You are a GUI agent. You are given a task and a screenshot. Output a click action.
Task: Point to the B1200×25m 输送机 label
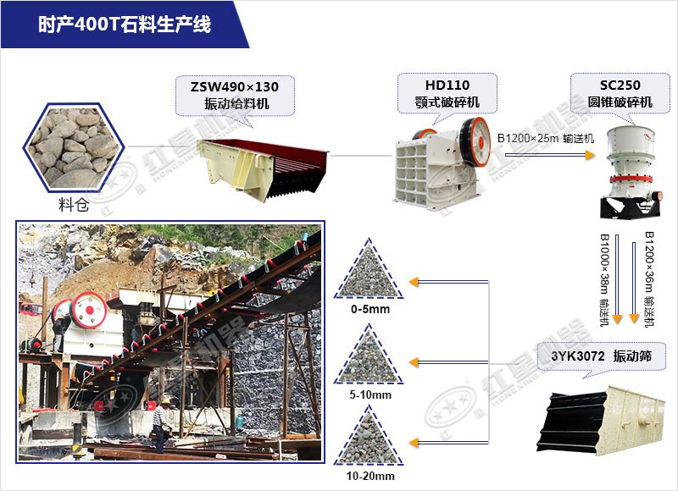[546, 138]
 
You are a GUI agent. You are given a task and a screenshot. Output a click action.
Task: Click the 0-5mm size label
[370, 309]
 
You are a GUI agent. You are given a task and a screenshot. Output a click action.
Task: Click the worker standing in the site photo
[158, 422]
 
